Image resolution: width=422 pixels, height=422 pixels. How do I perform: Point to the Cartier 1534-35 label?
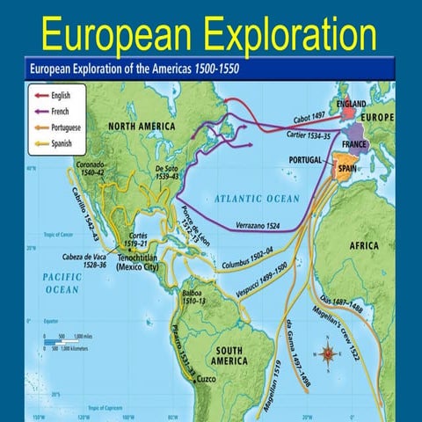click(x=308, y=137)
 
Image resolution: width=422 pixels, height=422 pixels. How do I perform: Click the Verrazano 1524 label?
click(x=260, y=227)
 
